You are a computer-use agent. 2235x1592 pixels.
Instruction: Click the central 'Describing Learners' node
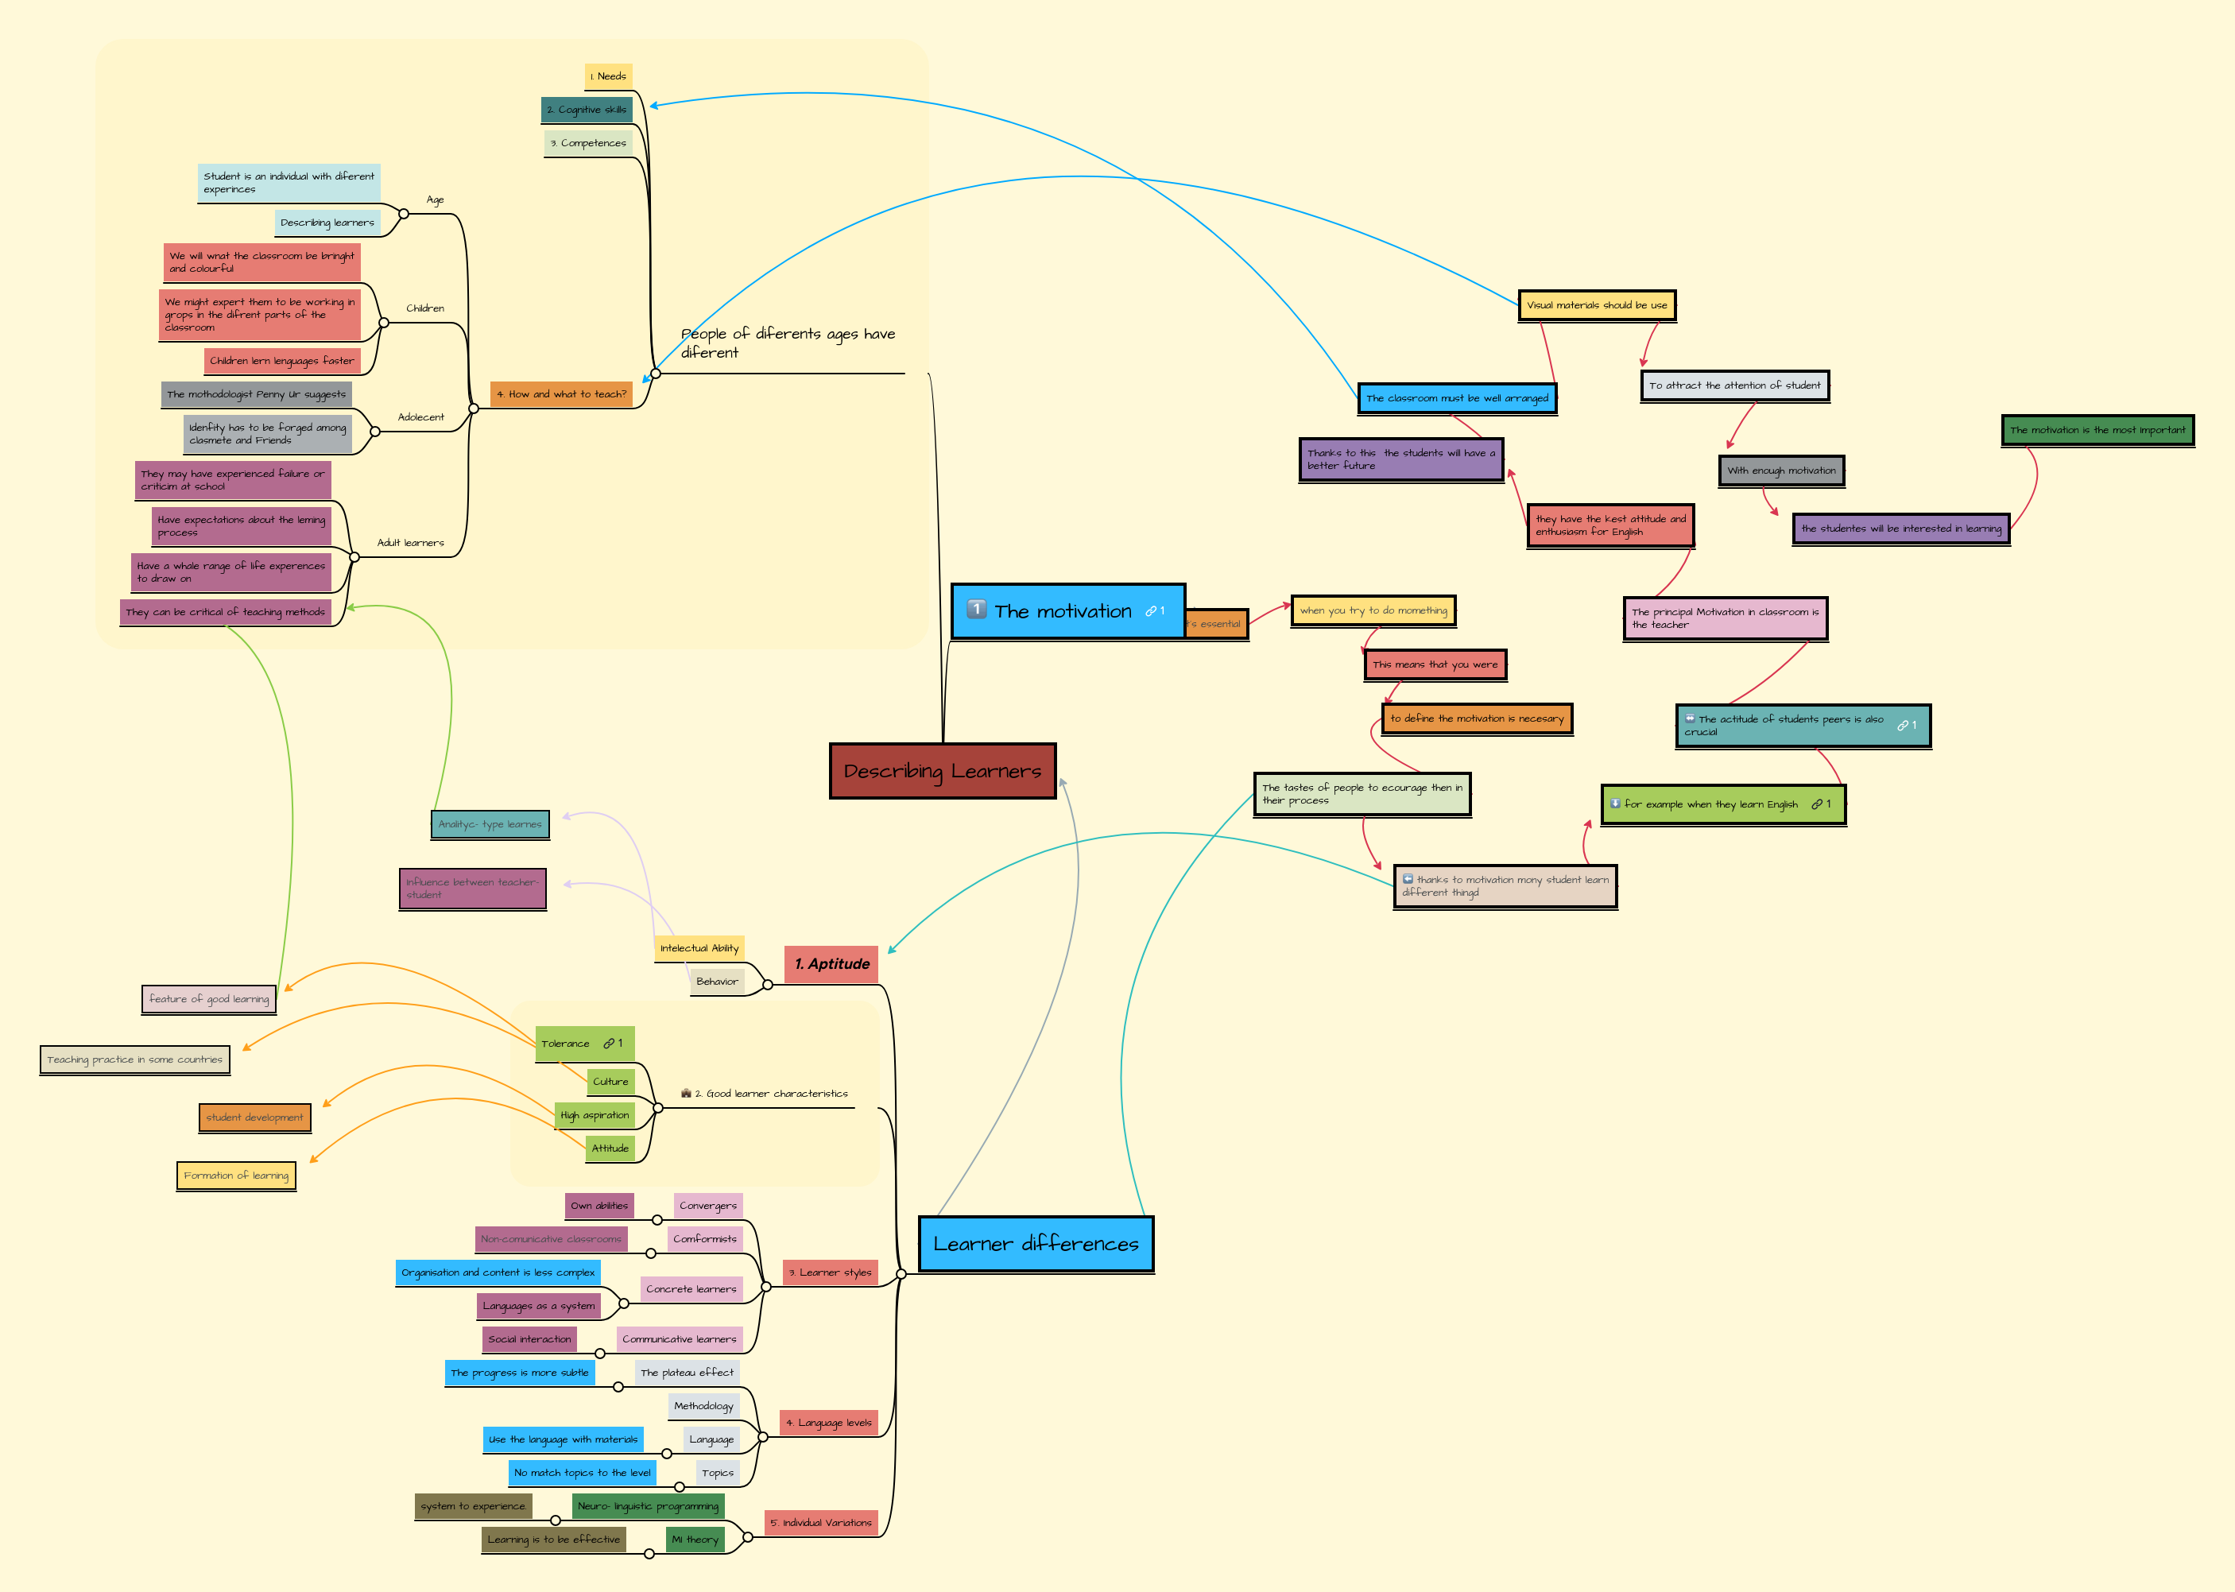[942, 772]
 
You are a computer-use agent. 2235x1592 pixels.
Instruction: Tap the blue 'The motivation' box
[1067, 610]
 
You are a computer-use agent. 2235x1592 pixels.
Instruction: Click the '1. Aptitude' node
[831, 963]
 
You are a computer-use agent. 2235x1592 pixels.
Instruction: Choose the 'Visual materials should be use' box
[1596, 305]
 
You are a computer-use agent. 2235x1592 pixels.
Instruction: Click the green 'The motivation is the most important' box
[2097, 429]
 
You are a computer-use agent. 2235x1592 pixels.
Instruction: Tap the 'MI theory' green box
[695, 1539]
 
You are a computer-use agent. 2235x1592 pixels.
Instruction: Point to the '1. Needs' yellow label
[609, 76]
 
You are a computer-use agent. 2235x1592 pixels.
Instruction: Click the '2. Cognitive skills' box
[587, 110]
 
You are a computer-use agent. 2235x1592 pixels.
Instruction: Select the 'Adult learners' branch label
[411, 542]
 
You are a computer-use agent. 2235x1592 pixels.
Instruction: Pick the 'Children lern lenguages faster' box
[282, 361]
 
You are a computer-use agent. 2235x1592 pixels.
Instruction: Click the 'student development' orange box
[255, 1117]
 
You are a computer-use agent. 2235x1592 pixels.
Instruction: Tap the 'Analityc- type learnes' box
[490, 824]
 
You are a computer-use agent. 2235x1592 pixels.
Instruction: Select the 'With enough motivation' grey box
[1781, 471]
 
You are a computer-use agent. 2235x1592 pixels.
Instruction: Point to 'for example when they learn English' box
[1722, 804]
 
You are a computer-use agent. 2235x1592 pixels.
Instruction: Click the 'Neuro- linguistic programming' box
[648, 1505]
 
